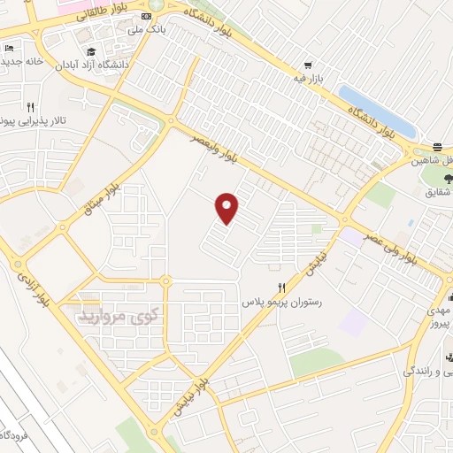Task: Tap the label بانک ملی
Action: (147, 30)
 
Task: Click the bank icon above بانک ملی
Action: (146, 16)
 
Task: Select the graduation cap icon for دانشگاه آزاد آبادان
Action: (93, 50)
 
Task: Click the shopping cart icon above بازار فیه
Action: (308, 65)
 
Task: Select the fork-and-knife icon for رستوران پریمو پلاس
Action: (281, 288)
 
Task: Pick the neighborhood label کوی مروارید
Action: (119, 314)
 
